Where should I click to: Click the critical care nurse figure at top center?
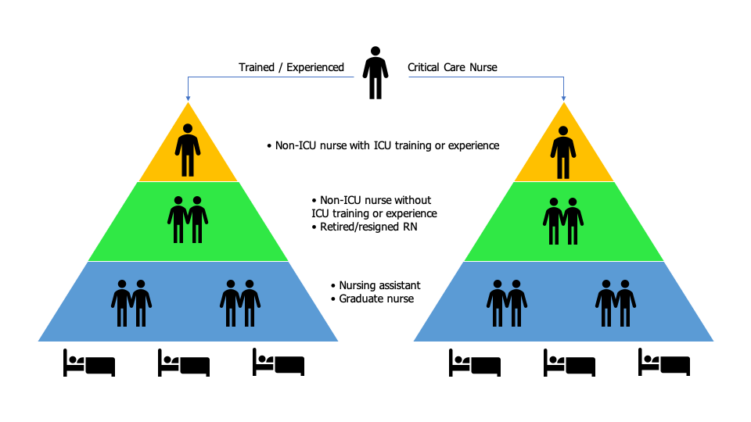click(375, 73)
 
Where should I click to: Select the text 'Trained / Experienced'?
click(291, 68)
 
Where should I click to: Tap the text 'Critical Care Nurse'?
click(452, 68)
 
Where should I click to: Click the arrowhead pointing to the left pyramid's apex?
click(188, 98)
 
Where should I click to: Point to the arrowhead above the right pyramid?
click(563, 98)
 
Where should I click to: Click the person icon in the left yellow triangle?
click(188, 150)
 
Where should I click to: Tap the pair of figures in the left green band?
click(188, 220)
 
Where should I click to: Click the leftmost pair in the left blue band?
click(131, 302)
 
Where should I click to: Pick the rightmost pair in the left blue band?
click(240, 302)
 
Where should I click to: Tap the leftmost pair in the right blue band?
click(507, 302)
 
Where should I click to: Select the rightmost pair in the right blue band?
click(616, 302)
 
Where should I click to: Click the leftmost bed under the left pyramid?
click(89, 363)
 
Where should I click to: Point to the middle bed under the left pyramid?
click(184, 363)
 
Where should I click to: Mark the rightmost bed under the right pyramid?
click(664, 363)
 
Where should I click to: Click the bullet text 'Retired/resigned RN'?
click(367, 227)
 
